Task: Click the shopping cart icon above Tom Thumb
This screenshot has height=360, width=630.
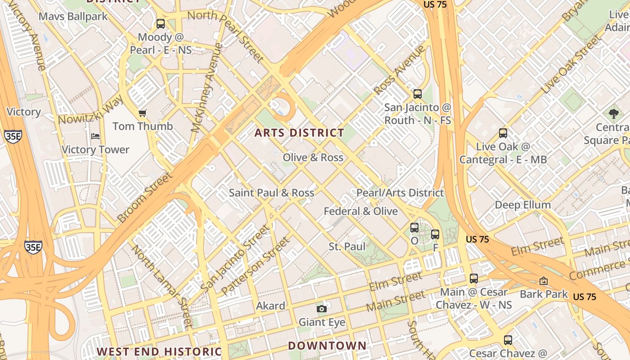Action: click(x=143, y=113)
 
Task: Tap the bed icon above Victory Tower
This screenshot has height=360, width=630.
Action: click(x=95, y=136)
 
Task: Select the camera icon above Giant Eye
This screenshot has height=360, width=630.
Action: click(x=321, y=309)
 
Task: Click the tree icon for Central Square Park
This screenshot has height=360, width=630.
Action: click(x=613, y=113)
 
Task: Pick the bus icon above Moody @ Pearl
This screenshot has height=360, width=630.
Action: click(x=161, y=24)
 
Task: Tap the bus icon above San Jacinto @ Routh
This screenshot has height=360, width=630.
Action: click(x=418, y=94)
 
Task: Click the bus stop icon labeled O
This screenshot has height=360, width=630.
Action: click(x=414, y=228)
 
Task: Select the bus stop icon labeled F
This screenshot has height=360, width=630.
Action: click(x=435, y=234)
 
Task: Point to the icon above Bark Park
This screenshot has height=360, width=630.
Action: click(x=544, y=281)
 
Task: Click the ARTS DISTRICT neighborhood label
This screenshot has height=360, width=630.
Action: click(x=299, y=133)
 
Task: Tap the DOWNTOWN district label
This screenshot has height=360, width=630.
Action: click(x=327, y=346)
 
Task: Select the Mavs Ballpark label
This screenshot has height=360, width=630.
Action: click(x=73, y=17)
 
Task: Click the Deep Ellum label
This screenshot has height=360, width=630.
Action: click(x=522, y=205)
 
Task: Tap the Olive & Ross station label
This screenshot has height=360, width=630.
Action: click(x=313, y=157)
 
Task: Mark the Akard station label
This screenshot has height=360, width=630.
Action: click(x=270, y=306)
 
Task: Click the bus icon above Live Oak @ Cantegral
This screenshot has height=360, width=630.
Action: click(x=503, y=133)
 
